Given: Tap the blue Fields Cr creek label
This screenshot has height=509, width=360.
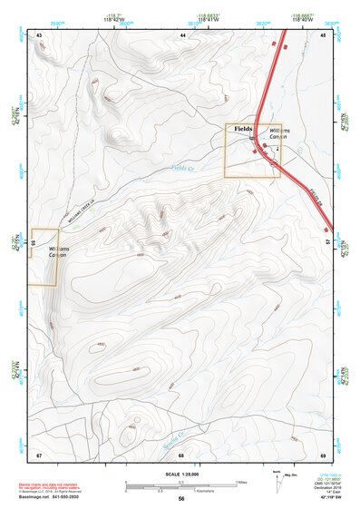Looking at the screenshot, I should tap(182, 168).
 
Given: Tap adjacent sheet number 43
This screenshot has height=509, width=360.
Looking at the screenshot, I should tap(40, 34).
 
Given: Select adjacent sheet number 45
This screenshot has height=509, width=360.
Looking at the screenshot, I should tap(323, 34).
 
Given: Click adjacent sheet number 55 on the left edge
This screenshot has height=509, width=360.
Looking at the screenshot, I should tap(33, 243).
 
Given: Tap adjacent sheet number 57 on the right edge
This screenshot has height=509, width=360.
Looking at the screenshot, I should tap(329, 243).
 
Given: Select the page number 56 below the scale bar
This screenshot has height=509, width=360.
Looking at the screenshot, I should tap(181, 499).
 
